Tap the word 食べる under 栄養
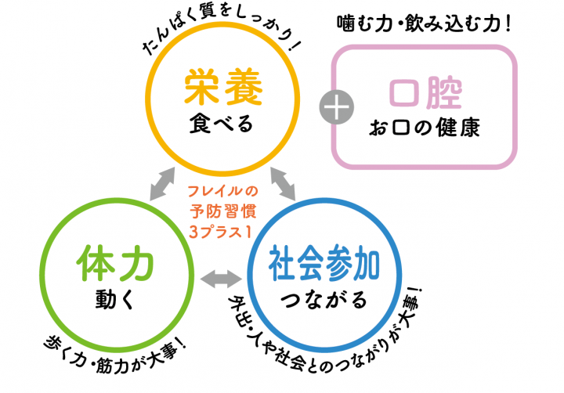coord(222,122)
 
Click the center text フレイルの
coord(223,190)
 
